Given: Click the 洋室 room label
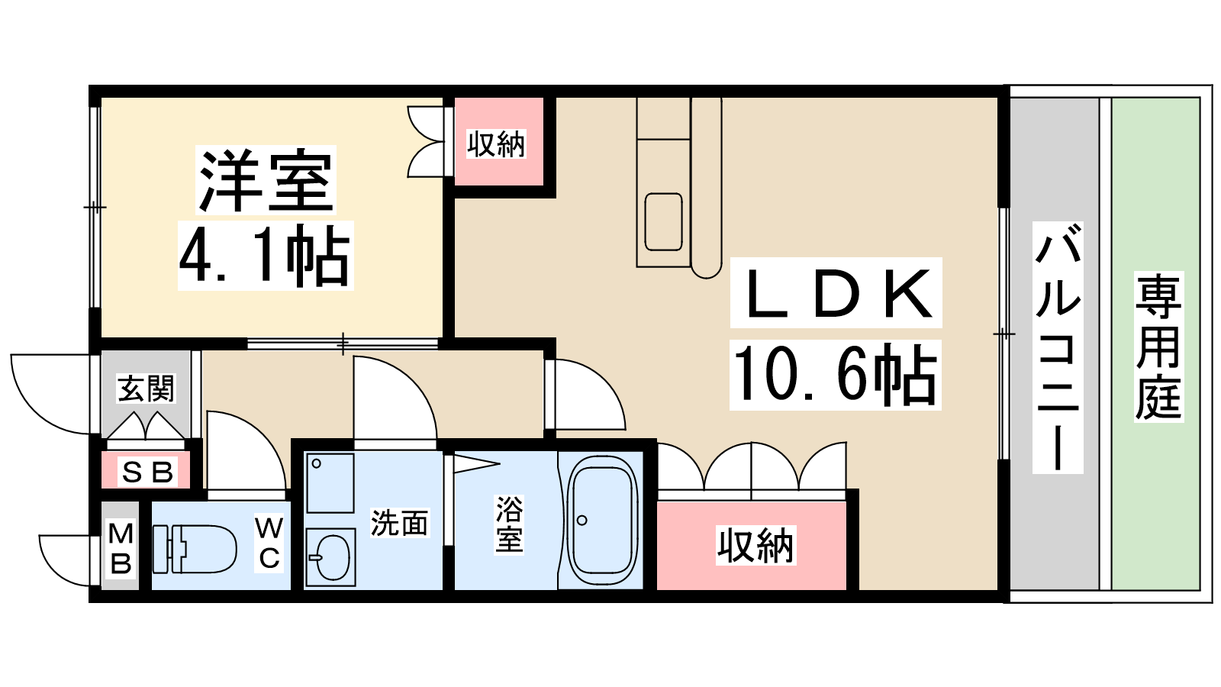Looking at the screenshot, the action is [266, 180].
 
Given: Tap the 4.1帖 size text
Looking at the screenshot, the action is [265, 255].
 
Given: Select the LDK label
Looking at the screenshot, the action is [836, 293].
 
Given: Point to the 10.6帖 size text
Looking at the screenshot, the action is [835, 375].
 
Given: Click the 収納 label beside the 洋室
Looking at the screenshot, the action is [496, 144].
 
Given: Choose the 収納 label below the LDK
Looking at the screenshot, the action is [755, 545].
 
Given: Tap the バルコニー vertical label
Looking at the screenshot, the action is [1058, 347].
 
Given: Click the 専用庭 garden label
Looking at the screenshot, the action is [1158, 347].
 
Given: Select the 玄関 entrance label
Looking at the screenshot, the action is [146, 389].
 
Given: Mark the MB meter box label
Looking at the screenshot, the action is [121, 549].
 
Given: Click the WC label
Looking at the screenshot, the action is [269, 543].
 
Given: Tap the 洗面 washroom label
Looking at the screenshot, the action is [400, 522].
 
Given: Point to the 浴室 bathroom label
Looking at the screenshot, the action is [509, 524].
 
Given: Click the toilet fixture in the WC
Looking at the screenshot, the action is [195, 549].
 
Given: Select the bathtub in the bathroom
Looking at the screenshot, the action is [601, 520].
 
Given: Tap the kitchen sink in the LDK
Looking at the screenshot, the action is [663, 222].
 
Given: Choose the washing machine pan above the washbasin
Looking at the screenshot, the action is [330, 483].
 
